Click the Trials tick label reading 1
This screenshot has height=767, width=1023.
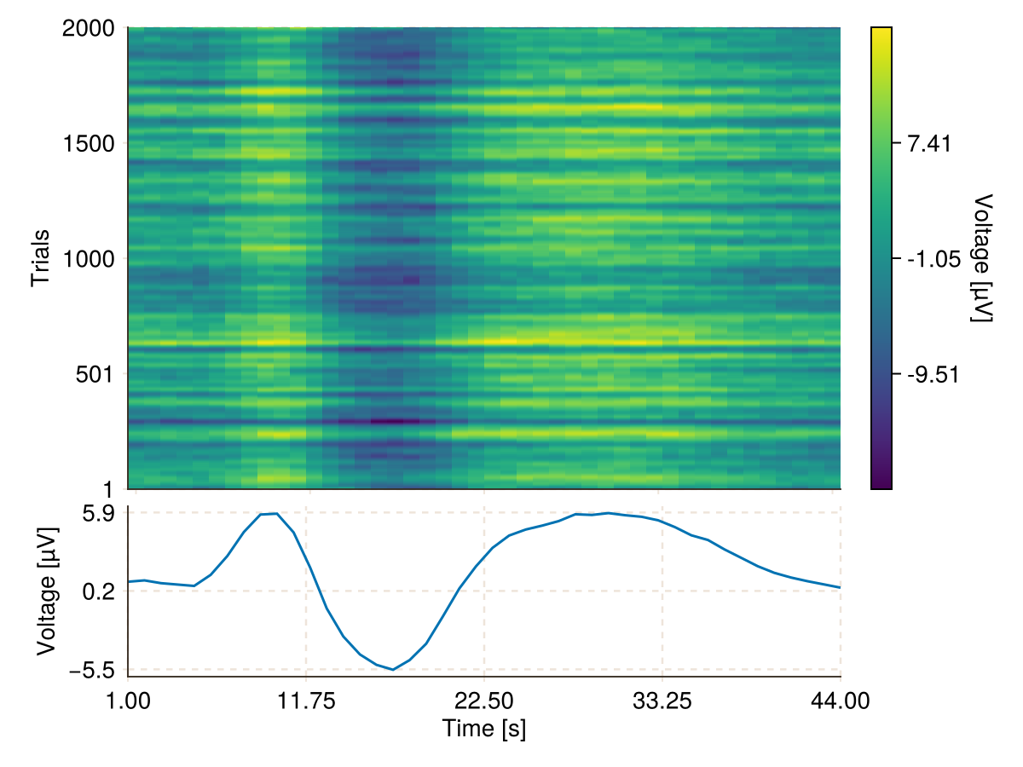[x=109, y=488]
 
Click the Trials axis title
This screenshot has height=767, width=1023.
[x=40, y=258]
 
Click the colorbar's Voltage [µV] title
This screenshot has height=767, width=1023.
[x=984, y=258]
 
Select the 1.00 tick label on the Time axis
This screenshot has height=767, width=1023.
[x=128, y=701]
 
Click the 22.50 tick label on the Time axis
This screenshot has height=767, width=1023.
[x=484, y=701]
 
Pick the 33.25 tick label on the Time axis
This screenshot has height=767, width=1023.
[x=662, y=701]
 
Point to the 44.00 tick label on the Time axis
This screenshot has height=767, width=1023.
[x=841, y=701]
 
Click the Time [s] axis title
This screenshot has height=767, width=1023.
[x=484, y=730]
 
